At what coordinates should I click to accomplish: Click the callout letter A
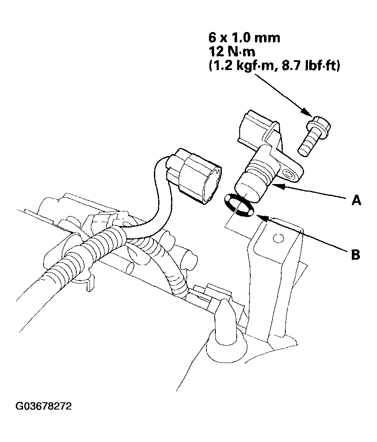356,200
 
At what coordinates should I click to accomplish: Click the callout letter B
356,255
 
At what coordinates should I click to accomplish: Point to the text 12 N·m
232,52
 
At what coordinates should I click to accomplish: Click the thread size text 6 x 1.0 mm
244,38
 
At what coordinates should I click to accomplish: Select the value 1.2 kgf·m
240,67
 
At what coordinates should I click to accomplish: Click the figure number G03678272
43,406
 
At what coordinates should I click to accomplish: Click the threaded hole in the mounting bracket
278,238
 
